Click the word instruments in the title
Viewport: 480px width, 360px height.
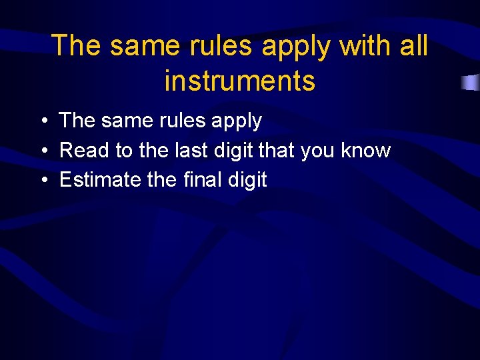pyautogui.click(x=239, y=81)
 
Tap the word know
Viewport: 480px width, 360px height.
pyautogui.click(x=365, y=151)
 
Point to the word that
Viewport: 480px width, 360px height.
pyautogui.click(x=276, y=151)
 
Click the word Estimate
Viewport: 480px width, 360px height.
pyautogui.click(x=100, y=180)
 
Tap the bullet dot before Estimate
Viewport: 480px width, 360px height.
pyautogui.click(x=43, y=181)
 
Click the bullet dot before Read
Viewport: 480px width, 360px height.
pyautogui.click(x=43, y=151)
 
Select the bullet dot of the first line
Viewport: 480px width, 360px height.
pyautogui.click(x=43, y=121)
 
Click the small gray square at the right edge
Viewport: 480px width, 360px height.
pyautogui.click(x=471, y=83)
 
